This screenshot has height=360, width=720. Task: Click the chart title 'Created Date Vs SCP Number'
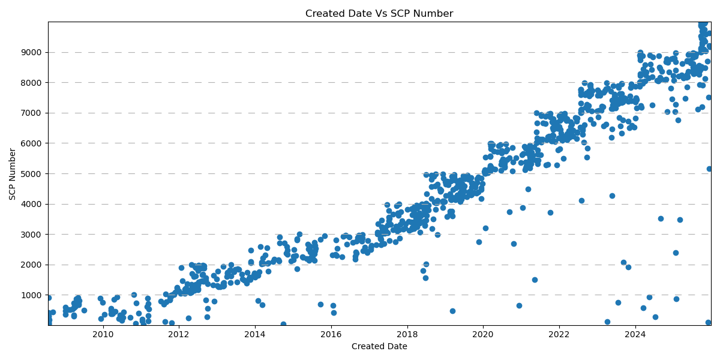(379, 14)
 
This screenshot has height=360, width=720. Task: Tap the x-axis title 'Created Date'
(379, 346)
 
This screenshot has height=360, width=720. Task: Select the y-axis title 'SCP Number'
(13, 174)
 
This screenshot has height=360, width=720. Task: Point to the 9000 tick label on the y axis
(32, 53)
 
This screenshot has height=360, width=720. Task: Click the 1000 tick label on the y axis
(32, 295)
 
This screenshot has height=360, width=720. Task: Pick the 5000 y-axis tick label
(32, 174)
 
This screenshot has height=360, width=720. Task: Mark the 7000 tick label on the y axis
(32, 113)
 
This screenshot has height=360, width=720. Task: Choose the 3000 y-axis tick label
(32, 235)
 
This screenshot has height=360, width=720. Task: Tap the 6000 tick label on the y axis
(32, 143)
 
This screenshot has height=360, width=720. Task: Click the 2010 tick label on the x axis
(103, 334)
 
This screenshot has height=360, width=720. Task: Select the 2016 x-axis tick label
(331, 334)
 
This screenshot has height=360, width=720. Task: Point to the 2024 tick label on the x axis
(635, 334)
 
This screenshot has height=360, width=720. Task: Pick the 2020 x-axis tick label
(483, 334)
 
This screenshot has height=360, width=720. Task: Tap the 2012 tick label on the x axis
(179, 334)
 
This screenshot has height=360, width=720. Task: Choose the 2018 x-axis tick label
(407, 334)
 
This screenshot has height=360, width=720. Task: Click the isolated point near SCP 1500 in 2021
(535, 280)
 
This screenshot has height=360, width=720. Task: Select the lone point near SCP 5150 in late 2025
(709, 169)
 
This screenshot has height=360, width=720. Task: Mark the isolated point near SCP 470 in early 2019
(452, 311)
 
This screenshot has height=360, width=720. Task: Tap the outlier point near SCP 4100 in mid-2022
(581, 200)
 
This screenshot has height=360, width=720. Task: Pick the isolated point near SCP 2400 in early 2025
(676, 253)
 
